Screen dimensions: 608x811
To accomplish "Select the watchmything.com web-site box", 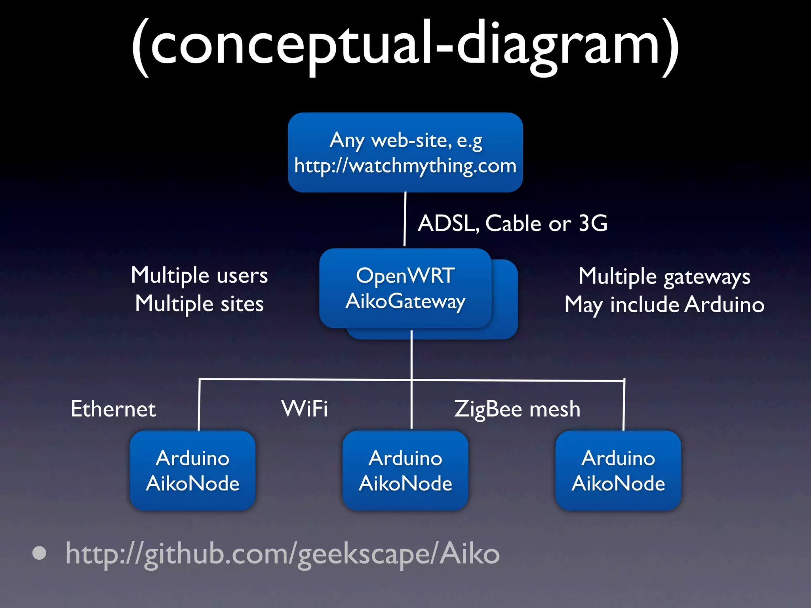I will coord(405,152).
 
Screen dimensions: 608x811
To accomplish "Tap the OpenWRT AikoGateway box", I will coord(405,288).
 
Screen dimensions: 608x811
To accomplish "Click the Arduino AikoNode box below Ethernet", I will coord(192,471).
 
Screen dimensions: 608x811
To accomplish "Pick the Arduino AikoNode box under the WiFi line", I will coord(405,471).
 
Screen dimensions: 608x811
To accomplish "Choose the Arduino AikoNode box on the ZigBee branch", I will coord(618,471).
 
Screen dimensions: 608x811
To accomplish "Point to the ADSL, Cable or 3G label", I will coord(512,223).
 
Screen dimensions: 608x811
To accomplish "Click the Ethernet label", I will coord(113,409).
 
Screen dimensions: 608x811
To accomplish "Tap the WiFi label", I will coord(305,408).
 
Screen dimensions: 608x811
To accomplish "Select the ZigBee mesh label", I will coord(517,409).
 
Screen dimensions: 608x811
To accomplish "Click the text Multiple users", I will coord(199,275).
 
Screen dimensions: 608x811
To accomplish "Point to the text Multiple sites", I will coord(199,304).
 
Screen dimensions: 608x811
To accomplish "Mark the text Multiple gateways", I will coord(664,276).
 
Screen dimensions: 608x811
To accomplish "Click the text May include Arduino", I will coord(664,305).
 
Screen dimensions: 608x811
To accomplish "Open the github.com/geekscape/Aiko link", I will coord(282,554).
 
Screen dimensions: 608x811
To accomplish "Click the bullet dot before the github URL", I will coord(39,553).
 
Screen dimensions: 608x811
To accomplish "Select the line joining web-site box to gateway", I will coord(405,220).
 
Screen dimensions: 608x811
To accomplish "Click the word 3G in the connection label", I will coord(593,223).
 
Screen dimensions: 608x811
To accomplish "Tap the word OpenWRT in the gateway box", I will coord(405,275).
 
